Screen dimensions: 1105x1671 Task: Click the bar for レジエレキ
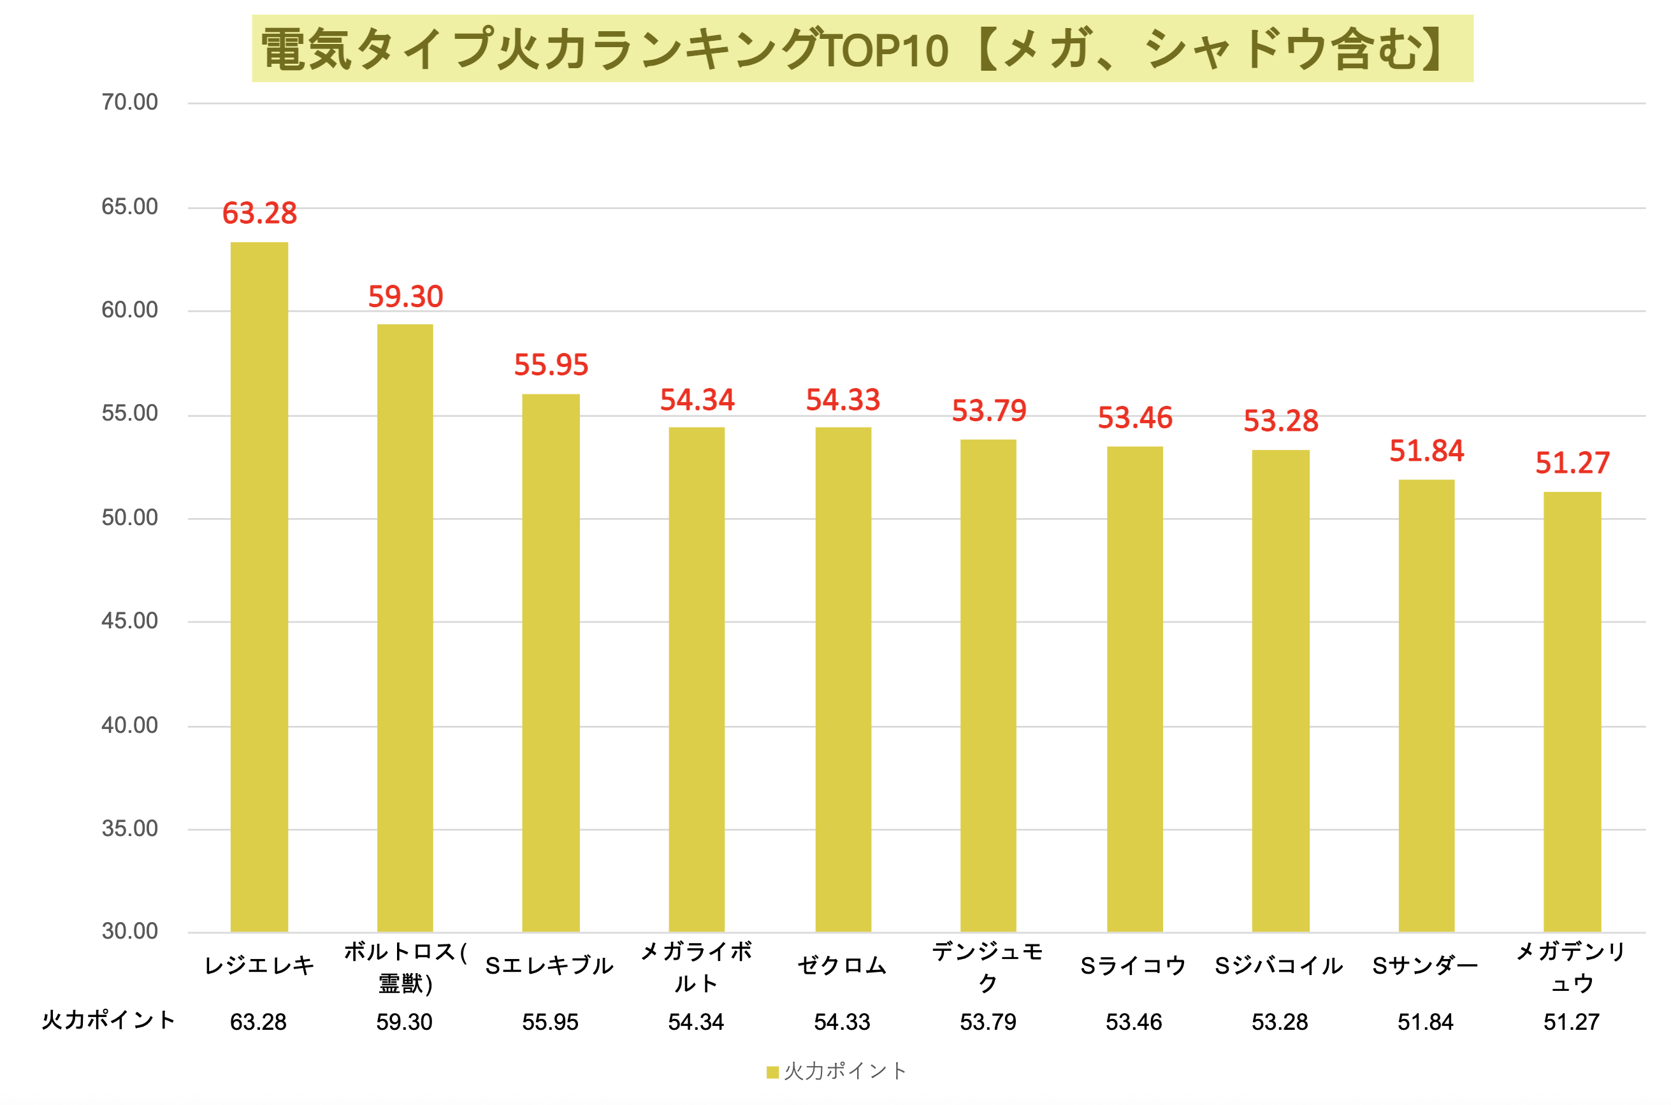point(259,586)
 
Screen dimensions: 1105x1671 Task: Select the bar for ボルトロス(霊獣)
point(405,627)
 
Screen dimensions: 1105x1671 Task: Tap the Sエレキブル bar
point(551,663)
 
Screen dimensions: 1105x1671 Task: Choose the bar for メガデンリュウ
point(1572,711)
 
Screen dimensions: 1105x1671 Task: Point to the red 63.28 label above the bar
point(259,213)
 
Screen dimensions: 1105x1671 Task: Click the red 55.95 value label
point(551,365)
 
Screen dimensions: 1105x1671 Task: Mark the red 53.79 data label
point(989,411)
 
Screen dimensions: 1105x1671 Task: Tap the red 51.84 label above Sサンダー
point(1426,451)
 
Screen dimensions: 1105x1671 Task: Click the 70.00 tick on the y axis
point(129,102)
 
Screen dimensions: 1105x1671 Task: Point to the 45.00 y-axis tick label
point(129,621)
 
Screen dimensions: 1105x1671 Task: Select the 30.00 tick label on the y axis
point(129,931)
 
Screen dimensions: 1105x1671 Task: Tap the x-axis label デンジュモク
point(987,967)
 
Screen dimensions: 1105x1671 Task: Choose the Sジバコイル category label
point(1278,965)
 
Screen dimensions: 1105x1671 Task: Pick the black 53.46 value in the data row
point(1133,1022)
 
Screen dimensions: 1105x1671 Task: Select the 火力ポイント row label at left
point(108,1020)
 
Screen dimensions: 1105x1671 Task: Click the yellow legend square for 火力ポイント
point(772,1072)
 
